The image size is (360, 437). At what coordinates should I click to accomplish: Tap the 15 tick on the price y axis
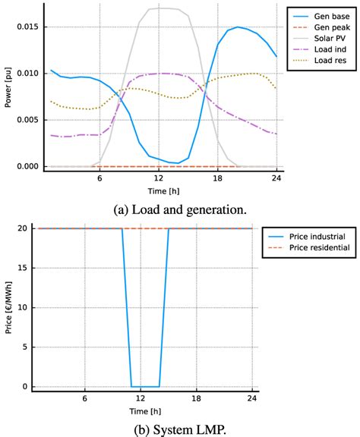[x=30, y=266]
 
